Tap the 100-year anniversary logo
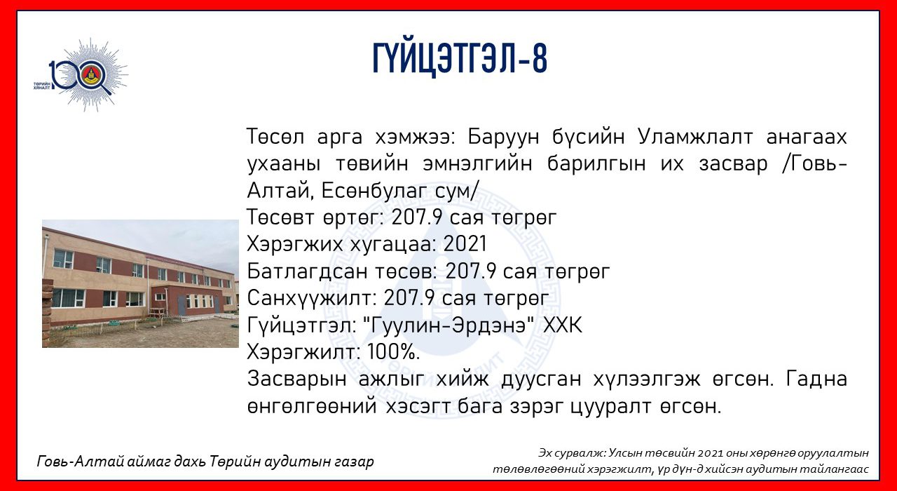click(82, 74)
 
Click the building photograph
click(140, 283)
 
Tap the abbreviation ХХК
click(563, 325)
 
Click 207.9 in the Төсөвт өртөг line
click(417, 217)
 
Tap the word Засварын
click(296, 379)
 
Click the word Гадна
click(816, 379)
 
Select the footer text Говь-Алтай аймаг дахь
click(121, 462)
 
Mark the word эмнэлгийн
click(477, 163)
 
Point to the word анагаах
click(807, 137)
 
